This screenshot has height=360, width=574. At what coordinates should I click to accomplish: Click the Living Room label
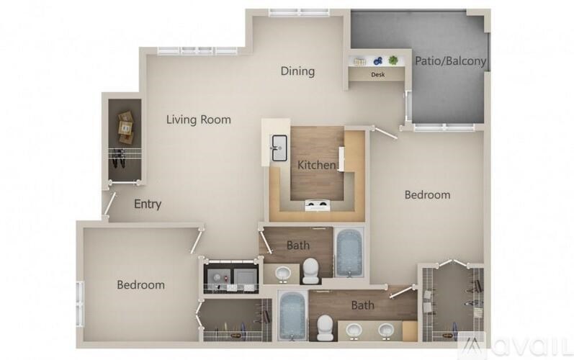click(199, 120)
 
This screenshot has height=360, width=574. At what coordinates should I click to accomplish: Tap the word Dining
click(297, 71)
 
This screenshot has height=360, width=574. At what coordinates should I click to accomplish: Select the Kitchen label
click(317, 165)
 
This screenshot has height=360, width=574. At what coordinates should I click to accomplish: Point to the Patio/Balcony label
click(451, 61)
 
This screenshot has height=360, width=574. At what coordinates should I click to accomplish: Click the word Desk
click(377, 74)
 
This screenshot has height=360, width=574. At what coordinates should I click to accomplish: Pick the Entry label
click(148, 204)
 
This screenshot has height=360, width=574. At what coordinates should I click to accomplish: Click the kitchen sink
click(279, 148)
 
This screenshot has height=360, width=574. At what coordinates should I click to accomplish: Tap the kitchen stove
click(317, 206)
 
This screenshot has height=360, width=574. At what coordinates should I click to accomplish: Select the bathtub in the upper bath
click(351, 252)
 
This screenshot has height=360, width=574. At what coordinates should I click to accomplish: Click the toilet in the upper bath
click(311, 270)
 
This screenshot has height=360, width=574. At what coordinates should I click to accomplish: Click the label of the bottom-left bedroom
click(140, 285)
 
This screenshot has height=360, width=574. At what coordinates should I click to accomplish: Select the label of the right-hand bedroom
click(427, 194)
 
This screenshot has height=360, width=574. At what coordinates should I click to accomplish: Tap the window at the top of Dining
click(299, 12)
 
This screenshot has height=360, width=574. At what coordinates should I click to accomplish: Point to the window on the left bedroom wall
click(81, 302)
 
